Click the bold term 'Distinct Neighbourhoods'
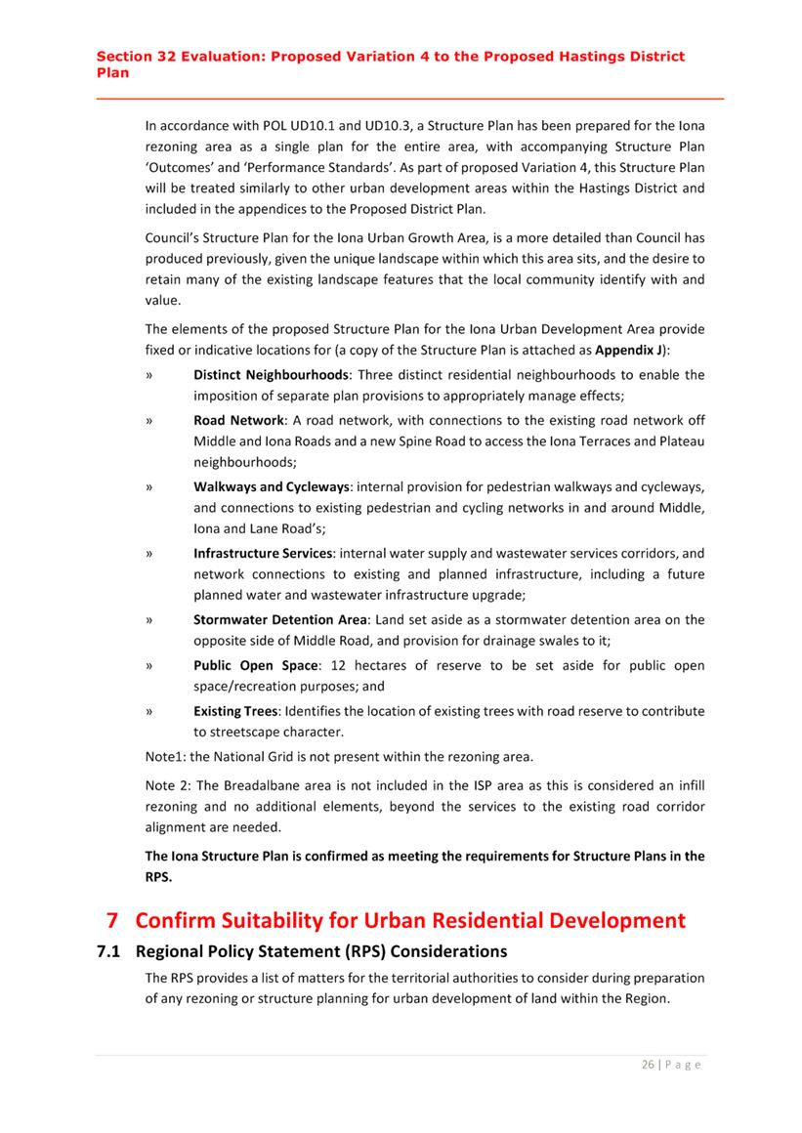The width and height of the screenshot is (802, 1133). [271, 375]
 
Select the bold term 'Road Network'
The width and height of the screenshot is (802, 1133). [238, 420]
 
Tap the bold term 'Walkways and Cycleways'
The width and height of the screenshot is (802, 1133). [271, 486]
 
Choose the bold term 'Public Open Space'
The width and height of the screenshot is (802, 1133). [255, 665]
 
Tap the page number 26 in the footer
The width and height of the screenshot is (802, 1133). [648, 1065]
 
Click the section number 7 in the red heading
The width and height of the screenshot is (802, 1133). [111, 920]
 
